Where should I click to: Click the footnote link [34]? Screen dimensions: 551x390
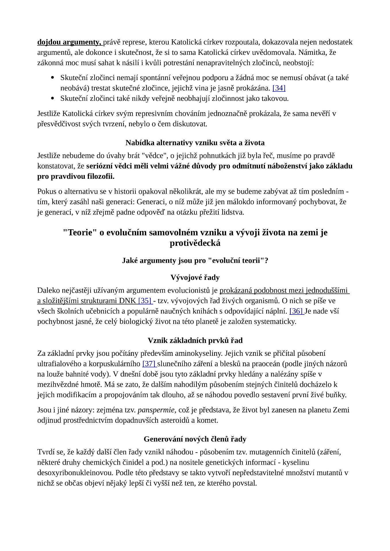coord(279,88)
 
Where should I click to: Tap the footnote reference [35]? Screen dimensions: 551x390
coord(145,301)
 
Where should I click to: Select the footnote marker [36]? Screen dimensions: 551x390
coord(296,311)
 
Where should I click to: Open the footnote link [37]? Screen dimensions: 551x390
coord(149,364)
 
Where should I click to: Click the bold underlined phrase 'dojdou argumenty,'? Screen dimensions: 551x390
coord(69,42)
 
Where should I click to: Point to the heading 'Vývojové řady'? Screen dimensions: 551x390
coord(195,278)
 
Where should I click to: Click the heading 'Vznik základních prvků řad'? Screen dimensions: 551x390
coord(195,341)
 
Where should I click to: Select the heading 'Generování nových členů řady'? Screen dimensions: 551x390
coord(195,439)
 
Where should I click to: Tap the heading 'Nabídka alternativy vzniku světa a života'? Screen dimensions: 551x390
coord(195,143)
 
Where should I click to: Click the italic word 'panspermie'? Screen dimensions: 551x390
coord(156,410)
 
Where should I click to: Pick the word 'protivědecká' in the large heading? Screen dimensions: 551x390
coord(195,243)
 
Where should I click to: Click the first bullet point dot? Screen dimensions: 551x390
coord(52,78)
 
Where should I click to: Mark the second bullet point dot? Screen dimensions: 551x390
coord(52,98)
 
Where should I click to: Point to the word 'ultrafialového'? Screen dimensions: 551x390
coord(59,364)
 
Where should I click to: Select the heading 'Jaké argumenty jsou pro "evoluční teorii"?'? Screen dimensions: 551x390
coord(195,261)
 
